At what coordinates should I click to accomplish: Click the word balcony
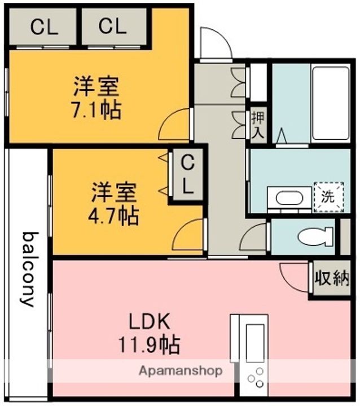(x=28, y=268)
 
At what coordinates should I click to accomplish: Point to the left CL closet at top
(x=44, y=27)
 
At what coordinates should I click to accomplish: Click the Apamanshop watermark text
(x=180, y=371)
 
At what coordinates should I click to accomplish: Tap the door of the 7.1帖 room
(x=176, y=124)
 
